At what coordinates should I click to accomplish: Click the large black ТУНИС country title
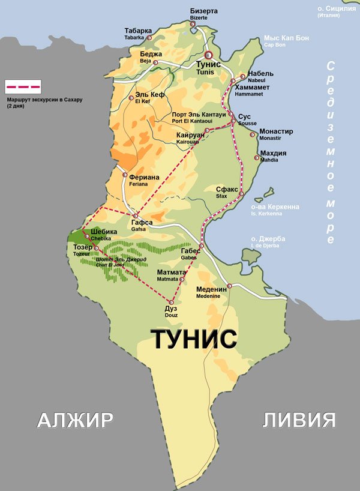[193, 340]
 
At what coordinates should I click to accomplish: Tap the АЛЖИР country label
[75, 420]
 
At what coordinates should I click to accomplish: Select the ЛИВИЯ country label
[299, 420]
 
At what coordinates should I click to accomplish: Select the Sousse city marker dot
[234, 122]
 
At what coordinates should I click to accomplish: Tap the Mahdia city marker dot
[257, 158]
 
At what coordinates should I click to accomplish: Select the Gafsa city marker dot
[136, 216]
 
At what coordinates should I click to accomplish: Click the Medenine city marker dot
[230, 286]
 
